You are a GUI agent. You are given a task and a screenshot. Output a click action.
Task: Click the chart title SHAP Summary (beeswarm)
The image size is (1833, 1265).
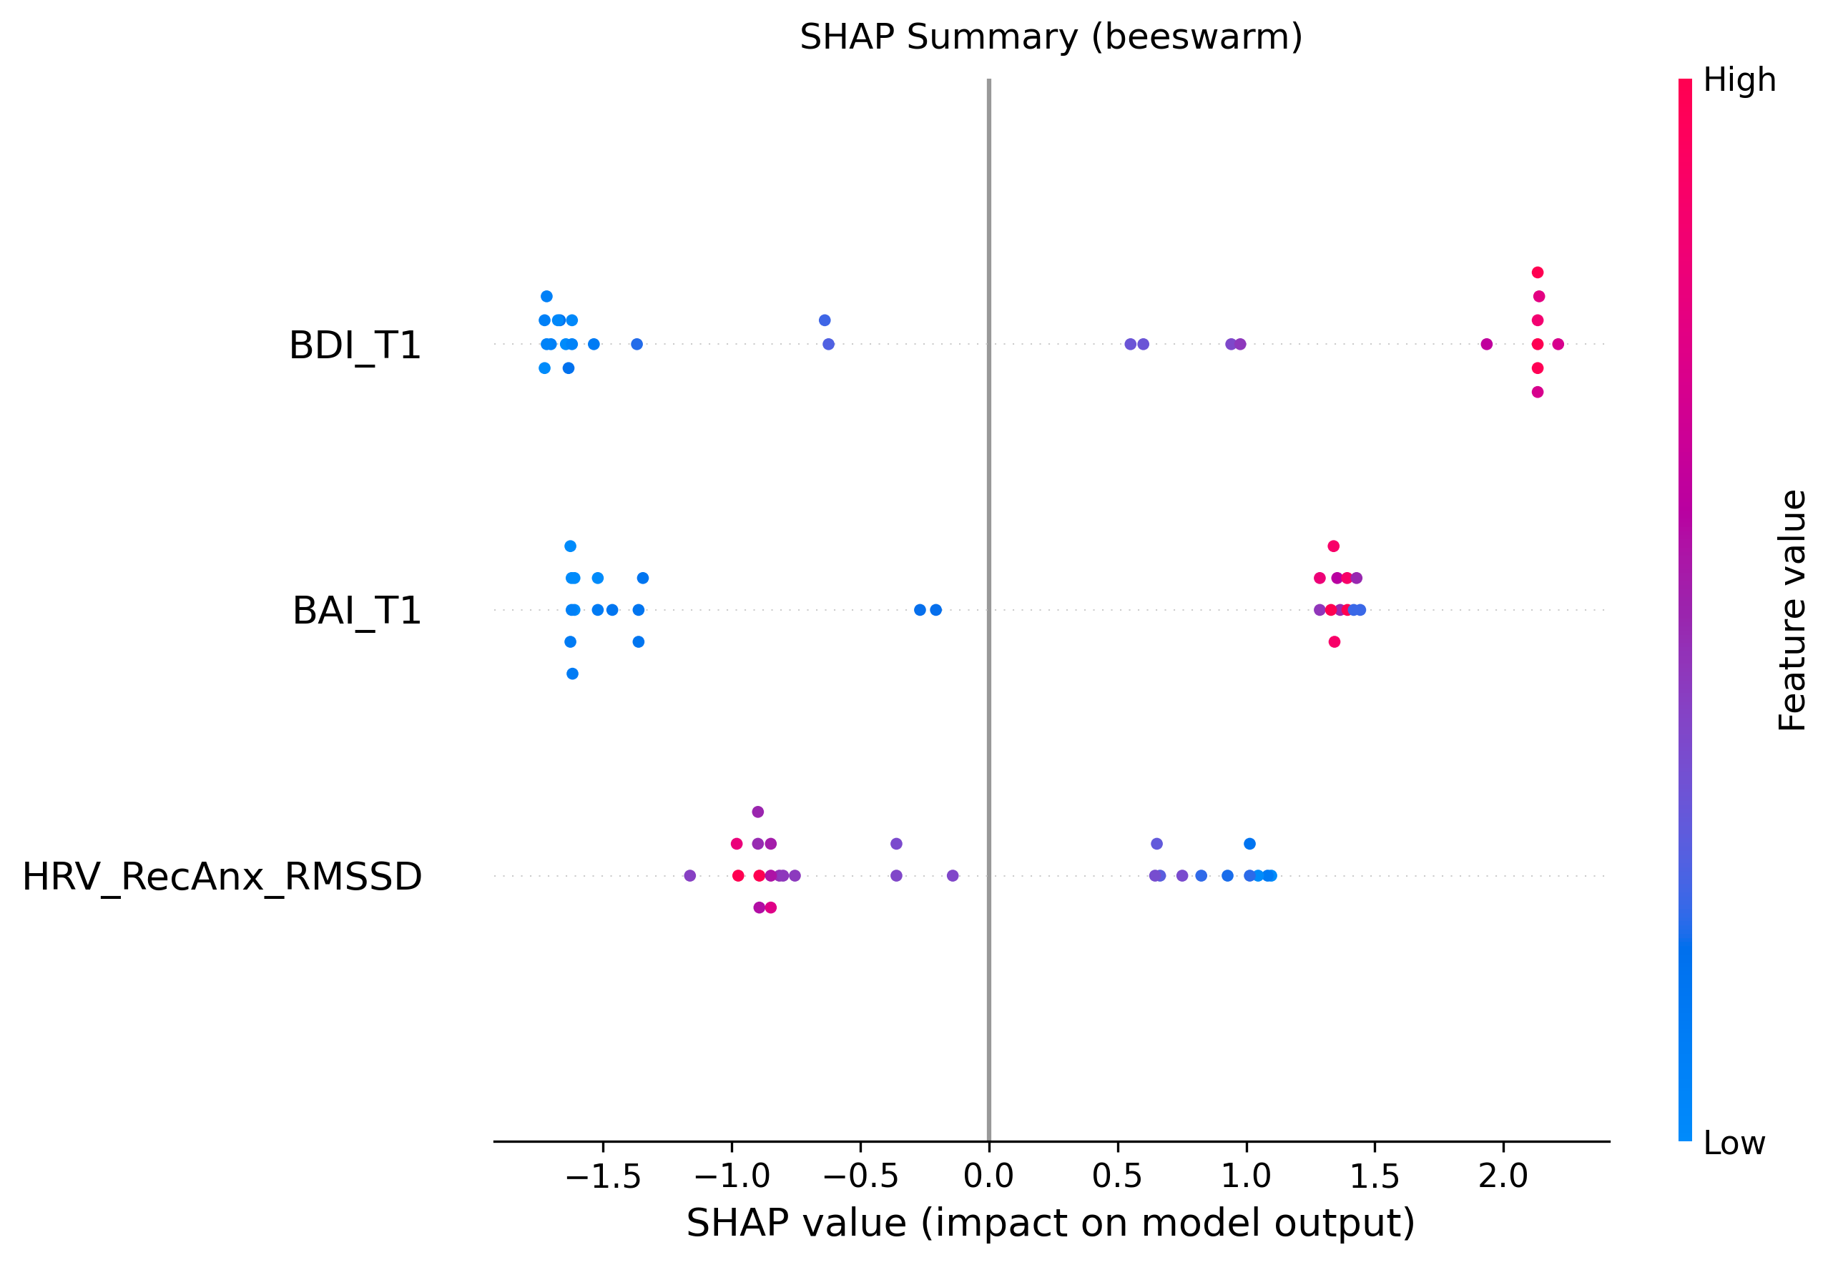1051,37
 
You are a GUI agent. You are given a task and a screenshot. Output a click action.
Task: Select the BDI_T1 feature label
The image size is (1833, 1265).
354,345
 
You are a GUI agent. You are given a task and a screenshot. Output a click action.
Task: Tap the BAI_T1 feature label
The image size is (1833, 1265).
357,611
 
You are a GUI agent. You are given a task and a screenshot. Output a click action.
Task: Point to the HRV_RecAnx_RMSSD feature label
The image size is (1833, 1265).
222,877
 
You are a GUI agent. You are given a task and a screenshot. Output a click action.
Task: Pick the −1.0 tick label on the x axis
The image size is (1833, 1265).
732,1177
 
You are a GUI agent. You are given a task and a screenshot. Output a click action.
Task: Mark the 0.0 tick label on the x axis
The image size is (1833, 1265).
988,1177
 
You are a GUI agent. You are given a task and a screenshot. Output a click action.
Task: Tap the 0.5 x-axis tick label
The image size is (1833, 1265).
1117,1177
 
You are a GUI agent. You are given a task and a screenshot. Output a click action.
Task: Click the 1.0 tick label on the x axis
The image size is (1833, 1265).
1246,1177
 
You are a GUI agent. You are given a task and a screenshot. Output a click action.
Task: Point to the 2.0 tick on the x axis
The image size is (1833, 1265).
1503,1177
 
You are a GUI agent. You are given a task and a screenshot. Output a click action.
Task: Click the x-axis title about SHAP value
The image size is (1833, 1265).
1051,1224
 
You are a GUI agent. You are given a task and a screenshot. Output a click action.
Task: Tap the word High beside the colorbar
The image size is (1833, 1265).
1739,80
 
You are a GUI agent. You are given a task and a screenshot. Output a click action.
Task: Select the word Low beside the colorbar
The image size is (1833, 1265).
1734,1143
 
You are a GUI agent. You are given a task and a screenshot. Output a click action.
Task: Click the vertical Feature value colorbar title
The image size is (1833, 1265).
1792,610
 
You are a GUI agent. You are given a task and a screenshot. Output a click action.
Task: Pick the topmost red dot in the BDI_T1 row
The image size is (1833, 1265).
1538,272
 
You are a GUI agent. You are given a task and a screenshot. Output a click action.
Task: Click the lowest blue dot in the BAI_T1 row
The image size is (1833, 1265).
572,674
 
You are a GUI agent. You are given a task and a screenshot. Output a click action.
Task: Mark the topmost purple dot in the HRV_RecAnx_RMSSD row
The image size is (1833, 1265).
757,812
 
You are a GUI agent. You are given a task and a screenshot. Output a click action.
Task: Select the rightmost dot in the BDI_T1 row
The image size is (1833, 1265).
1558,344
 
